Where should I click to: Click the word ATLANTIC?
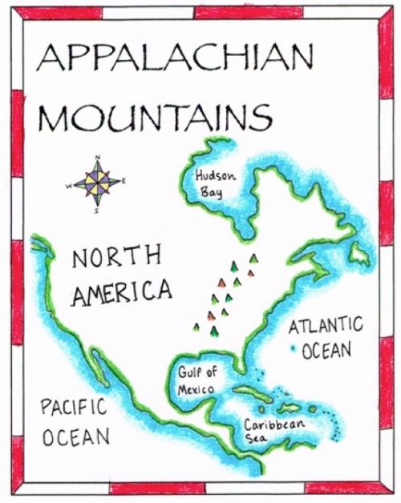tap(326, 327)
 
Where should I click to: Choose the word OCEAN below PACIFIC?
tap(75, 437)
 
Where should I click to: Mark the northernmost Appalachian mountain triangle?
tap(254, 258)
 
